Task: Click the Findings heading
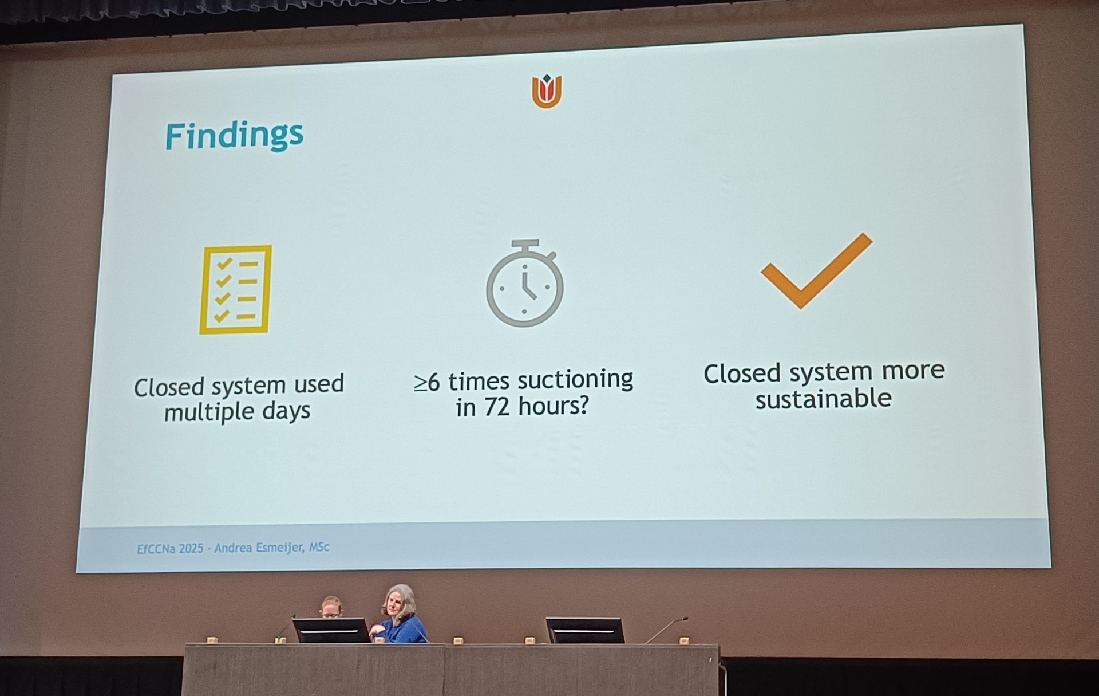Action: tap(234, 136)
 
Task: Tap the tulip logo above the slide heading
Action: tap(547, 91)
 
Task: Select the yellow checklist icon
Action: tap(235, 289)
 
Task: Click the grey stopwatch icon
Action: tap(525, 284)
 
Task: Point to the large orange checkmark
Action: tap(816, 270)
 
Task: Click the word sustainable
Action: tap(823, 399)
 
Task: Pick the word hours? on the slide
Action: tap(553, 406)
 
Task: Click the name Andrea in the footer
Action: tap(234, 548)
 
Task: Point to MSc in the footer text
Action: tap(319, 547)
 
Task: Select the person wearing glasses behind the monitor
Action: tap(331, 607)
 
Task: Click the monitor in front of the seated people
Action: tap(331, 630)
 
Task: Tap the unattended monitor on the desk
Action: tap(584, 630)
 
